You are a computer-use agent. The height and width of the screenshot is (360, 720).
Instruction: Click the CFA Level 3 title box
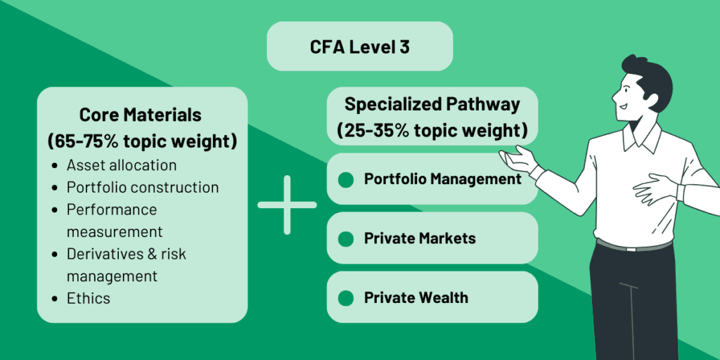(359, 46)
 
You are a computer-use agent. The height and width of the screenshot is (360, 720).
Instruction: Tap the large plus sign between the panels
(287, 205)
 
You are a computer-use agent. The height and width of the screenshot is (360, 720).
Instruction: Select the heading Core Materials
(140, 115)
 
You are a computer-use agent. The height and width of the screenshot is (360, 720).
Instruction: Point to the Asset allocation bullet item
(122, 165)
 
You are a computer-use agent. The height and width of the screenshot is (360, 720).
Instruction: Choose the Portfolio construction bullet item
(143, 187)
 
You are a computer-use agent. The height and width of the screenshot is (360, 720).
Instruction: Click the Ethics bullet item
(89, 297)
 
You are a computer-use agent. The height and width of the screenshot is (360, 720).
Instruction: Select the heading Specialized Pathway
(432, 105)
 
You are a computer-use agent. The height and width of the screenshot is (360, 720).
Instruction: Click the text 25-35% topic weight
(432, 131)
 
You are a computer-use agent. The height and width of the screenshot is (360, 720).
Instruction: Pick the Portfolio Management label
(442, 179)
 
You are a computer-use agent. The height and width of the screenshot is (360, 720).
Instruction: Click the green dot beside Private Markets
(345, 239)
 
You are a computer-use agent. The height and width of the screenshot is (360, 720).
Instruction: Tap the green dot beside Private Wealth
(345, 298)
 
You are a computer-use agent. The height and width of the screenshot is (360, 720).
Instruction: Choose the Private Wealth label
(416, 297)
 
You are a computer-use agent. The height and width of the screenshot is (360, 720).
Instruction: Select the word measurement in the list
(115, 231)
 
